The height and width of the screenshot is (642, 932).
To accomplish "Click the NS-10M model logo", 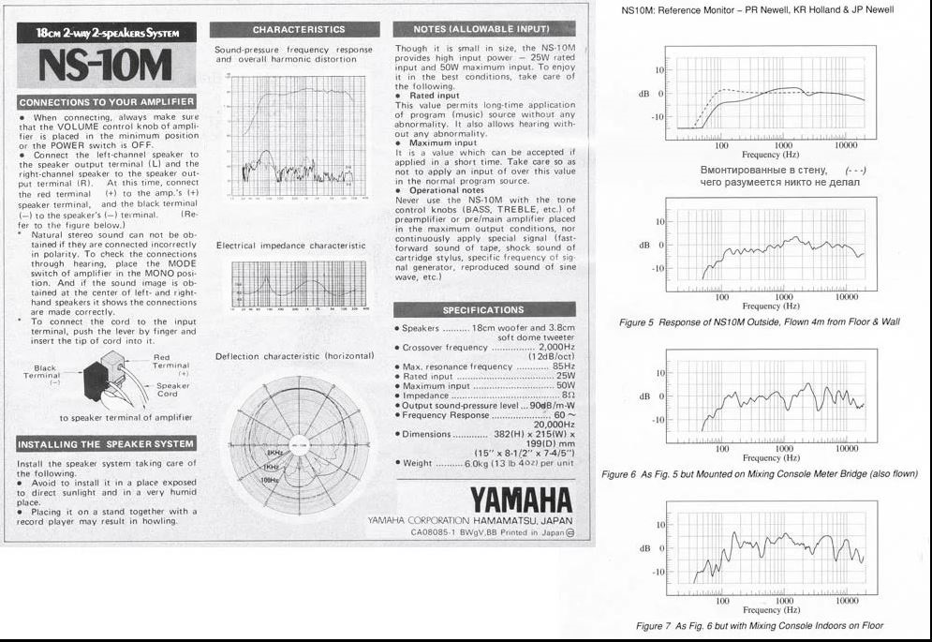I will point(107,65).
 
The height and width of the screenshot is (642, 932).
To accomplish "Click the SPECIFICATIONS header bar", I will point(482,309).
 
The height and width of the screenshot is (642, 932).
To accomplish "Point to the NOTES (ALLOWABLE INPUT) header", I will point(482,29).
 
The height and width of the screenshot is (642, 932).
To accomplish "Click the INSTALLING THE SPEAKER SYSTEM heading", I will point(107,443).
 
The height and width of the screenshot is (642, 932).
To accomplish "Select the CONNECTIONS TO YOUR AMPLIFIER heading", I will point(107,101).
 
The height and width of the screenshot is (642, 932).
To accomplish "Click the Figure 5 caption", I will point(759,321).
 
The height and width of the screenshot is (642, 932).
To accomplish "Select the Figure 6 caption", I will point(759,474).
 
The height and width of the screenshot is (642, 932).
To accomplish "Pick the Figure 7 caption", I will point(759,625).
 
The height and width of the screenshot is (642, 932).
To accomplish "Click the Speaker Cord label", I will point(173,390).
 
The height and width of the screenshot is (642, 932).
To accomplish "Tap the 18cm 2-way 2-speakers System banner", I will point(107,34).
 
